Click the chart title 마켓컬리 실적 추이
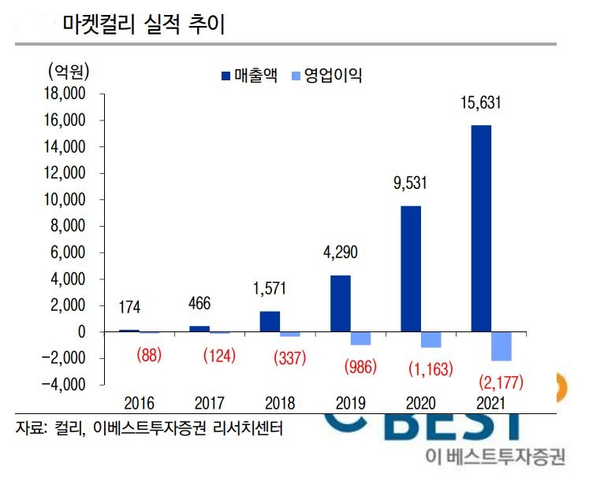(144, 24)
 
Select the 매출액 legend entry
(249, 75)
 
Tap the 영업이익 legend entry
(327, 75)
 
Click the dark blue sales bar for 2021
(481, 228)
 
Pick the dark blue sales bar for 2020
(411, 268)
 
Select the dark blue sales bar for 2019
(341, 303)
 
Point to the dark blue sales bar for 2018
(270, 321)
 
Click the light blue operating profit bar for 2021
(501, 346)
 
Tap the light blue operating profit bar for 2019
(360, 339)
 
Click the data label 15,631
(481, 103)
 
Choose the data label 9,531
(410, 183)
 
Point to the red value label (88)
(149, 354)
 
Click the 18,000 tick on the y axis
(65, 94)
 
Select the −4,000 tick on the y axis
(63, 384)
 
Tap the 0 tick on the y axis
(81, 331)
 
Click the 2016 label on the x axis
(139, 403)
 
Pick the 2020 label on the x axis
(420, 403)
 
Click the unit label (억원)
(69, 72)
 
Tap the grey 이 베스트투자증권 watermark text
(495, 457)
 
